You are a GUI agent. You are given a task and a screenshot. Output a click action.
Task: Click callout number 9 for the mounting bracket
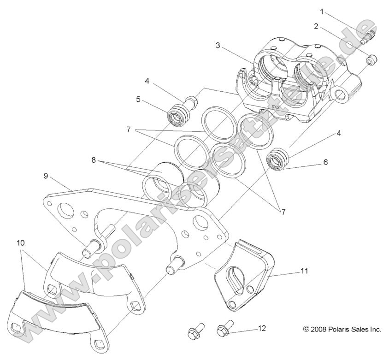click(46, 176)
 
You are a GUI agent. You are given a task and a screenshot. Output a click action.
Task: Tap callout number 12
click(262, 329)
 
